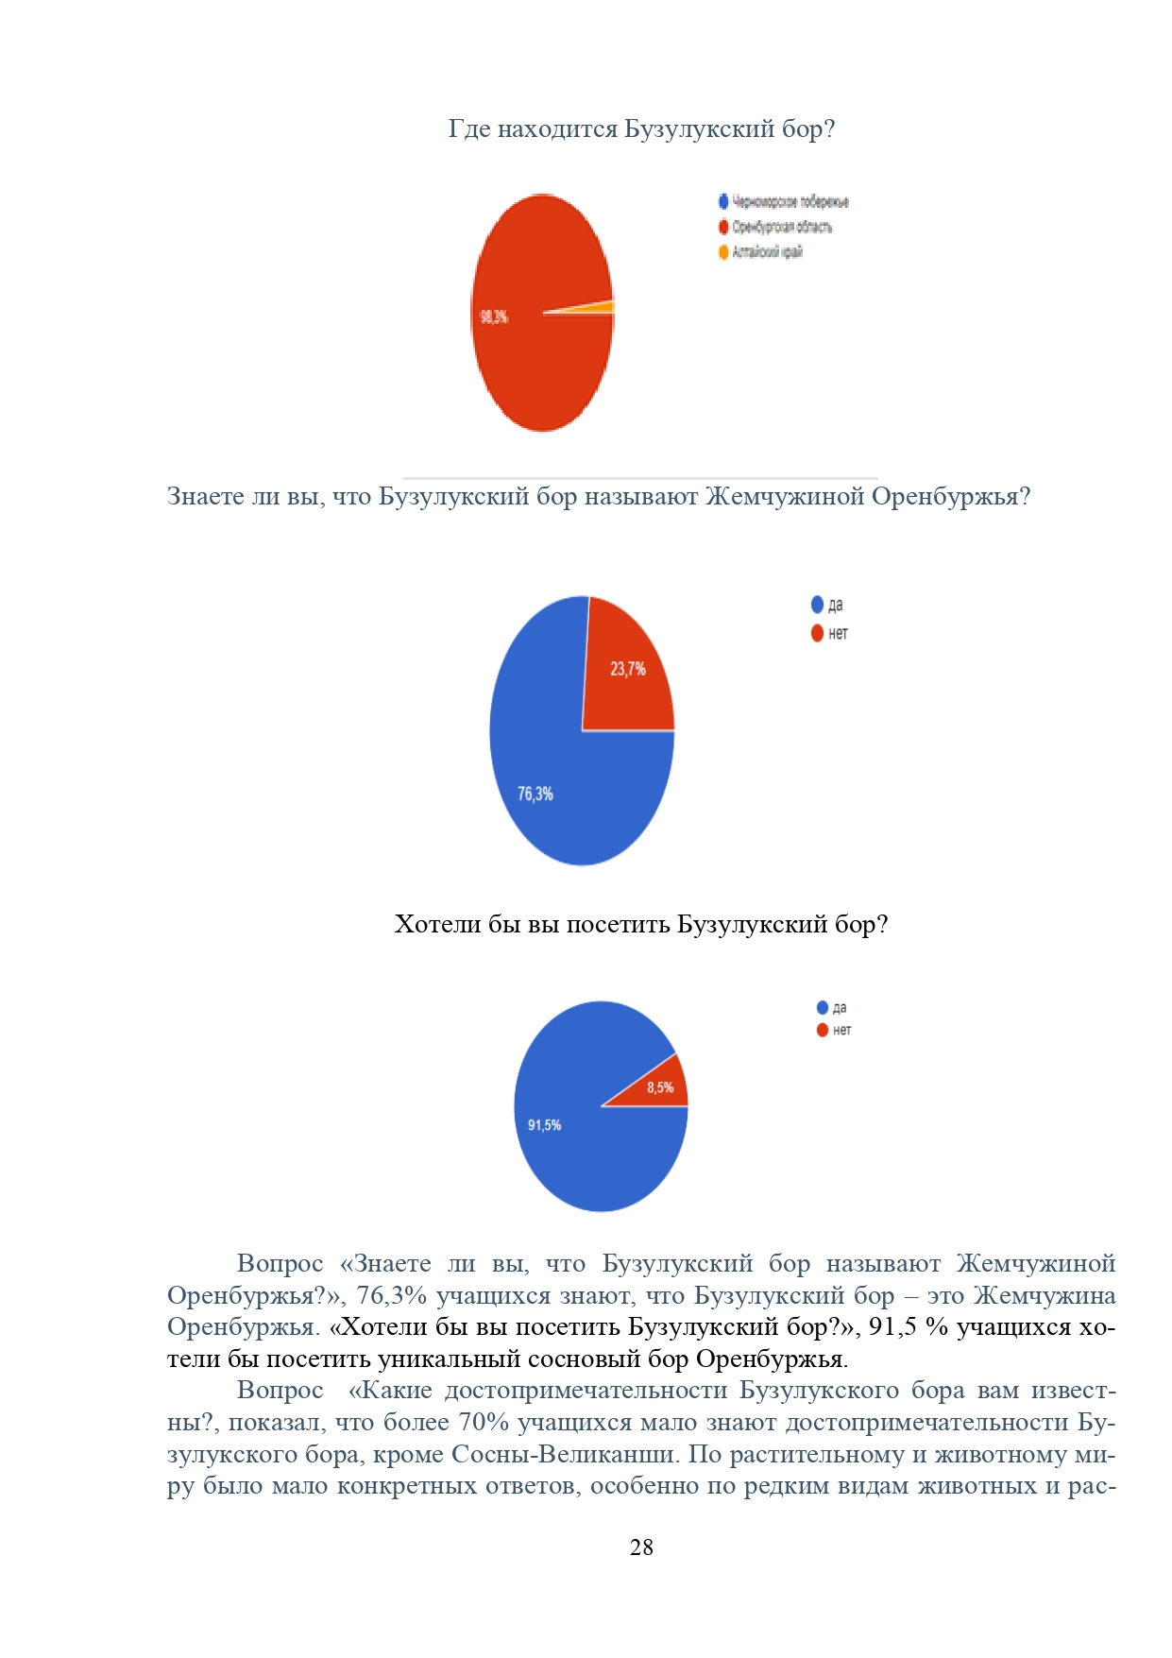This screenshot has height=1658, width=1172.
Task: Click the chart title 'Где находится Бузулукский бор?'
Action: click(641, 128)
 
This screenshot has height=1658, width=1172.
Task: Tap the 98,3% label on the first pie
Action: click(494, 317)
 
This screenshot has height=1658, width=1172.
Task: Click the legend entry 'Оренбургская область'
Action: click(781, 227)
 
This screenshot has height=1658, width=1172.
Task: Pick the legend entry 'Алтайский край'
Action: click(767, 252)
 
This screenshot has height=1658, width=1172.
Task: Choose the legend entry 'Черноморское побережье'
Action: click(790, 202)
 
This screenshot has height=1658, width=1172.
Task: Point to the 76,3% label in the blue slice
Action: click(535, 795)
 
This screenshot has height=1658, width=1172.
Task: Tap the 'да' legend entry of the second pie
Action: click(835, 606)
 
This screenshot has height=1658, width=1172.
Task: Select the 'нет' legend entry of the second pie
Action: click(838, 634)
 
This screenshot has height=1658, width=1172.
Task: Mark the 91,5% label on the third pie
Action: click(544, 1125)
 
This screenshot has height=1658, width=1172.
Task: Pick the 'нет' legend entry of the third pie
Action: click(841, 1031)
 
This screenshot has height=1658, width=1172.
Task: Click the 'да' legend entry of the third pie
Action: click(839, 1008)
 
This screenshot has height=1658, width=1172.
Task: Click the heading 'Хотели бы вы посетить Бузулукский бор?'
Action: click(641, 924)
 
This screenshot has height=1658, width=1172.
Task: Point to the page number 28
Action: click(641, 1547)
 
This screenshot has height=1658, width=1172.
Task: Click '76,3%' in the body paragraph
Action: click(392, 1295)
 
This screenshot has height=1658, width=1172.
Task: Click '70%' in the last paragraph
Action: click(484, 1422)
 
